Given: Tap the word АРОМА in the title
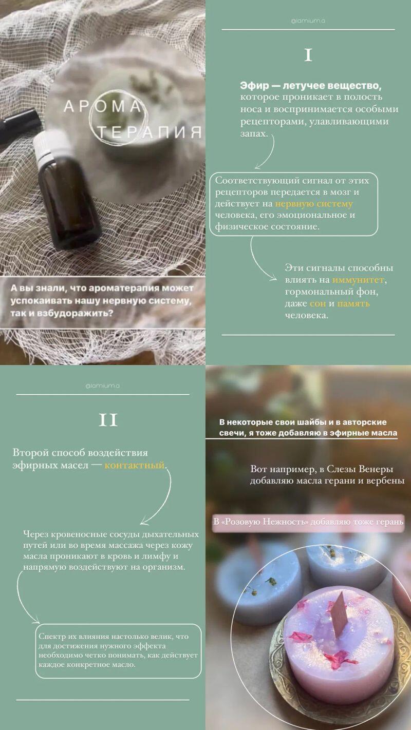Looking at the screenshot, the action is (x=103, y=107).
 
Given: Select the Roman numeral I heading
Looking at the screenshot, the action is (x=308, y=56).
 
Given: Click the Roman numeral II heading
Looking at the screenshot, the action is (x=108, y=420).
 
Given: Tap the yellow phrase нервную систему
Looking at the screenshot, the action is (x=314, y=204).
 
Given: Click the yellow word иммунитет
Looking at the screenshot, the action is (x=358, y=280).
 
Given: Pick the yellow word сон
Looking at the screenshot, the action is (x=317, y=303).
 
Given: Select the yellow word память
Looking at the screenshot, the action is (x=353, y=304).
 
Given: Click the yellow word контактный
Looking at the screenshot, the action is (x=135, y=465).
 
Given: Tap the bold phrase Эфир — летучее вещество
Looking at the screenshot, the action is (x=310, y=86).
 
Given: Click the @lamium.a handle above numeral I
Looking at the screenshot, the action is (x=308, y=21).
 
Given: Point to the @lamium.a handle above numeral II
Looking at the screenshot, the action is (x=102, y=386).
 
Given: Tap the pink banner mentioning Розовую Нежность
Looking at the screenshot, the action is (x=308, y=522).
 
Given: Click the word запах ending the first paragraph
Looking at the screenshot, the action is (x=253, y=133).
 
